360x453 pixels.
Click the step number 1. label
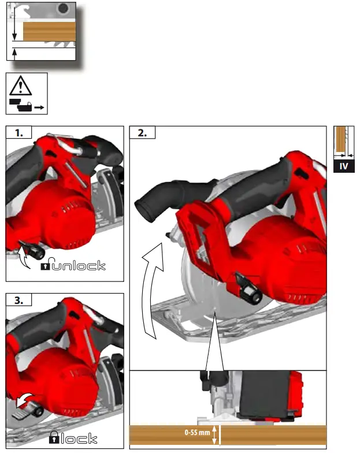19,132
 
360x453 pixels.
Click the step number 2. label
143,132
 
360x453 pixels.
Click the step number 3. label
19,300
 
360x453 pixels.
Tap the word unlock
79,266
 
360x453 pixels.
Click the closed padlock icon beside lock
54,438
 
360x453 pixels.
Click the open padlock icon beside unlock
46,266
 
